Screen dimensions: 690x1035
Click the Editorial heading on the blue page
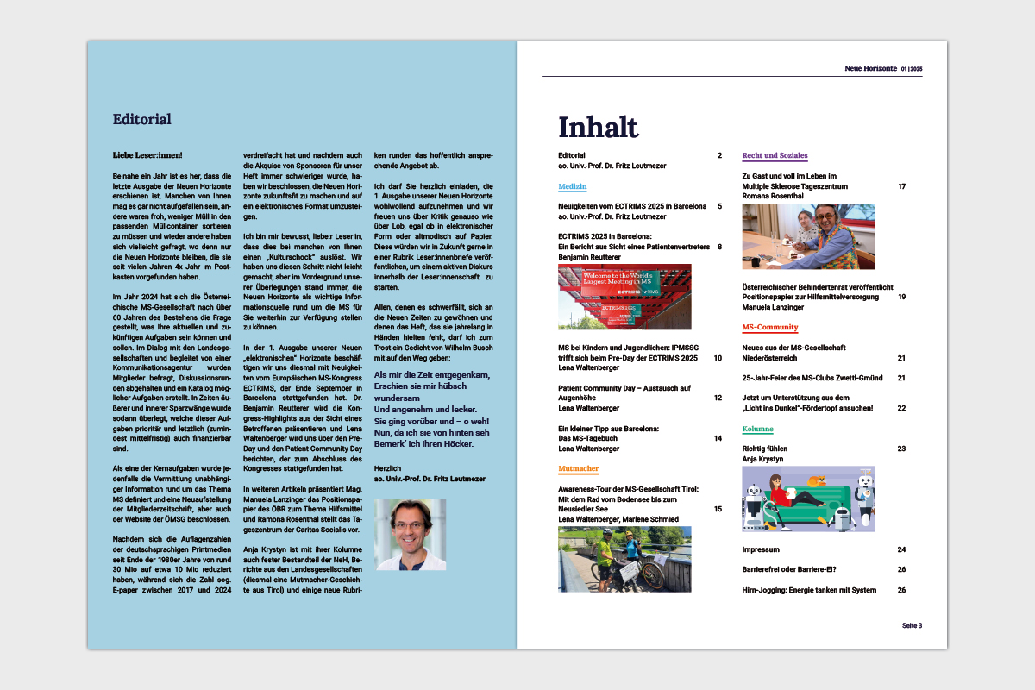142,119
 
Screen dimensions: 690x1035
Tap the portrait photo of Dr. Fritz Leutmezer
411,534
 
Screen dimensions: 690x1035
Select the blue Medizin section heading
572,186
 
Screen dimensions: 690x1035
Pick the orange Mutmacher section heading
578,469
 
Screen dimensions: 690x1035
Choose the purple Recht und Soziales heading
775,156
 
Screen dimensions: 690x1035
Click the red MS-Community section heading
769,328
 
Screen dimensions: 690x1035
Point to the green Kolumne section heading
757,429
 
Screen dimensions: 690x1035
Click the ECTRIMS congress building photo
624,297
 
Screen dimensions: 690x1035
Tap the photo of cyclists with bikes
624,559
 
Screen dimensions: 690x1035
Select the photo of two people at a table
808,236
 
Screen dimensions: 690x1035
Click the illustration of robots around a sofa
808,499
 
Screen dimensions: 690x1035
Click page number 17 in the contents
901,186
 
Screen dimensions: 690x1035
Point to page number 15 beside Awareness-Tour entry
718,509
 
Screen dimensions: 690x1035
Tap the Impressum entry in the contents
761,549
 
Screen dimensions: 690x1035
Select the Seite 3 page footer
912,625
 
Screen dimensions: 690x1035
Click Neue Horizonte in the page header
871,68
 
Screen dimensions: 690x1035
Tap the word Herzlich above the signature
386,467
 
